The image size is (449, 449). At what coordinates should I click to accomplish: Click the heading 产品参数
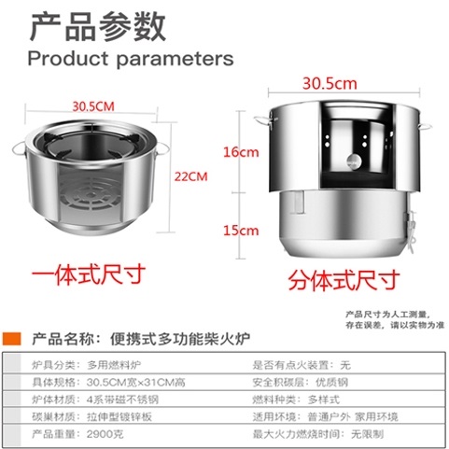click(98, 27)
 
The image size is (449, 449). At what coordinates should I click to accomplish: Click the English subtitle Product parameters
click(131, 58)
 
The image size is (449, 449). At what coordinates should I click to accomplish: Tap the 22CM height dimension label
click(190, 176)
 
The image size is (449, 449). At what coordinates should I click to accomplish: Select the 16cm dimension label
click(241, 152)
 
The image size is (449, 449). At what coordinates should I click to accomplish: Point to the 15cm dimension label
click(241, 231)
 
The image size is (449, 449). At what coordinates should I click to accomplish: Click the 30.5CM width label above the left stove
click(93, 106)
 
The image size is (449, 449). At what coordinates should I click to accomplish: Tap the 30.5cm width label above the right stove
click(330, 84)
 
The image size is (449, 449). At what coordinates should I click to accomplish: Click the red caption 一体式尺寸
click(89, 274)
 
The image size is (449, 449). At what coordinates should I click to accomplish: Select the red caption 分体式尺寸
click(344, 280)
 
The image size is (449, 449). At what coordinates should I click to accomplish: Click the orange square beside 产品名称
click(11, 339)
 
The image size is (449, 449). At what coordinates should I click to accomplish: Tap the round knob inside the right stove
click(354, 161)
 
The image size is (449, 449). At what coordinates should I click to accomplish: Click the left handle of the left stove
click(19, 149)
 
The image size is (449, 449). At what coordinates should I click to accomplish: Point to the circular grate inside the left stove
click(91, 194)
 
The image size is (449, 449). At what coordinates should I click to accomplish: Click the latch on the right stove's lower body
click(409, 231)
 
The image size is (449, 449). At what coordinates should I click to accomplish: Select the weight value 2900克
click(105, 434)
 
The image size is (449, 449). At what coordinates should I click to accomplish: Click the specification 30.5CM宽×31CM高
click(136, 382)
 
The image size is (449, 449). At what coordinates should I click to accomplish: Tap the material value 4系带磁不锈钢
click(122, 400)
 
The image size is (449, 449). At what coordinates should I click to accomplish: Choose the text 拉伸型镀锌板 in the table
click(119, 416)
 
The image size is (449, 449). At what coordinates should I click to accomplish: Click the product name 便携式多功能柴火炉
click(180, 339)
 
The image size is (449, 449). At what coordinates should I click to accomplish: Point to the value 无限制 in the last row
click(367, 434)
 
